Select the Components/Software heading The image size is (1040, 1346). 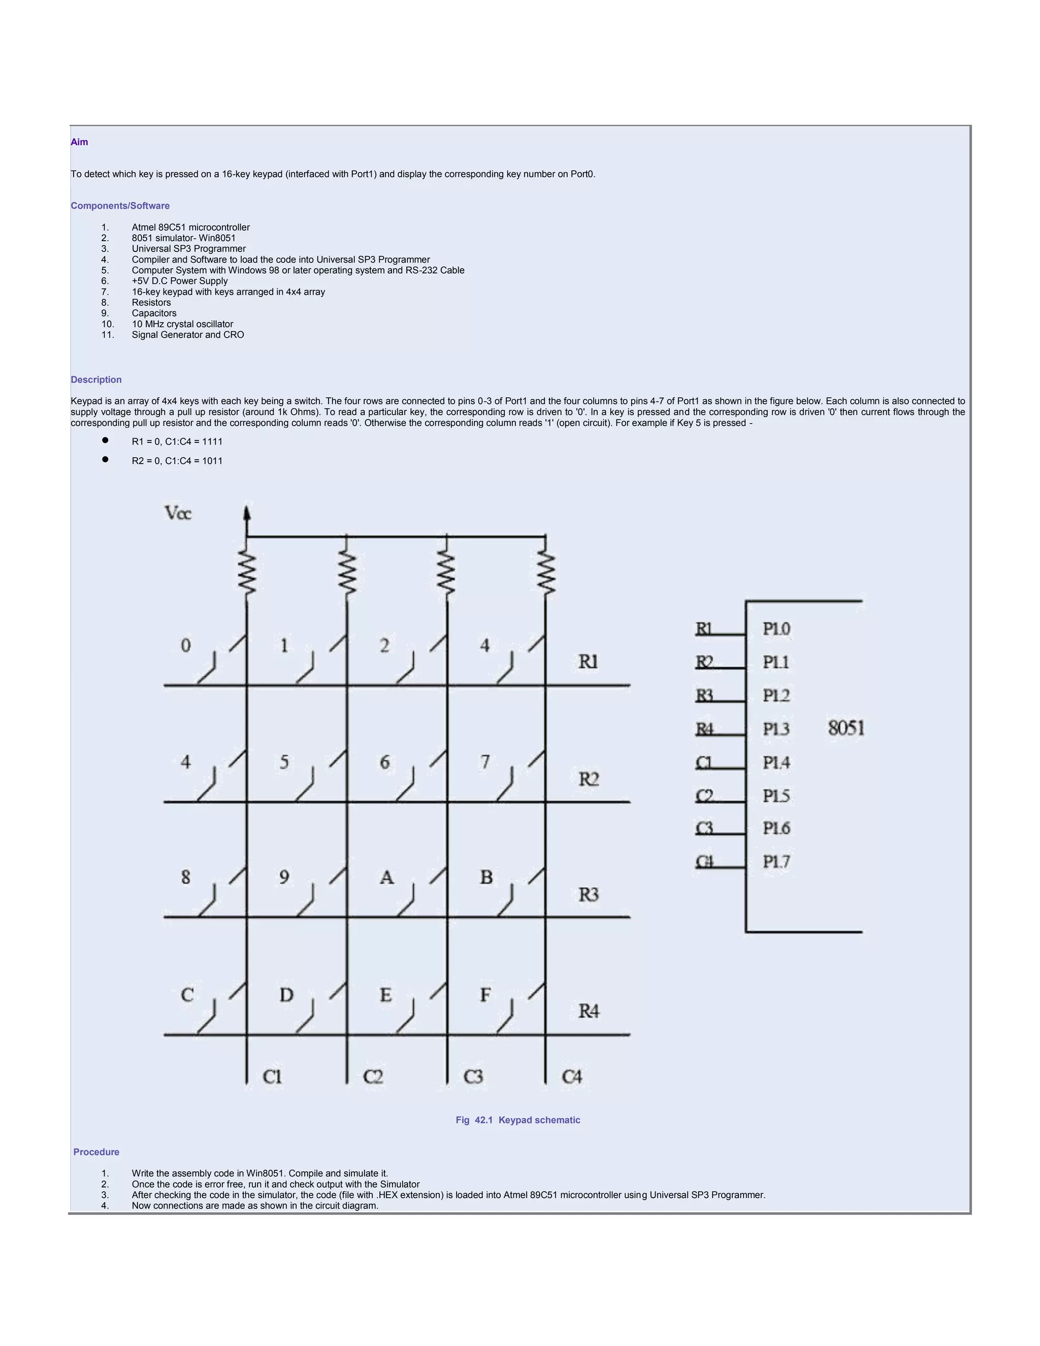(120, 206)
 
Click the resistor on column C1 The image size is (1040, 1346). (247, 573)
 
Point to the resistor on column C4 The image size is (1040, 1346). (546, 573)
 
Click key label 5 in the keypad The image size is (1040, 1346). (284, 762)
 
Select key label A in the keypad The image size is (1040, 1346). (386, 877)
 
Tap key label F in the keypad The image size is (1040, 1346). (485, 995)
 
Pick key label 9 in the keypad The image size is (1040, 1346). (284, 877)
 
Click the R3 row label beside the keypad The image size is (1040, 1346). (589, 894)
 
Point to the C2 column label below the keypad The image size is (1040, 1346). (373, 1077)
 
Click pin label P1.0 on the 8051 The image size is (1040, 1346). (776, 629)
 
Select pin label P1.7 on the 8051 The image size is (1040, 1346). (776, 861)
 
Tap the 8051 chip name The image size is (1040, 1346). (846, 728)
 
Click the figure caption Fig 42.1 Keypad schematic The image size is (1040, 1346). (517, 1120)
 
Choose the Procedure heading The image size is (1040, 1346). (96, 1152)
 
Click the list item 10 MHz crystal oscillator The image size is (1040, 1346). (182, 324)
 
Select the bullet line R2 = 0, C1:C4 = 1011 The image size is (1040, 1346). (177, 461)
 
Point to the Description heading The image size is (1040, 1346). (96, 379)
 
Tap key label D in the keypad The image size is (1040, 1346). (286, 995)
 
